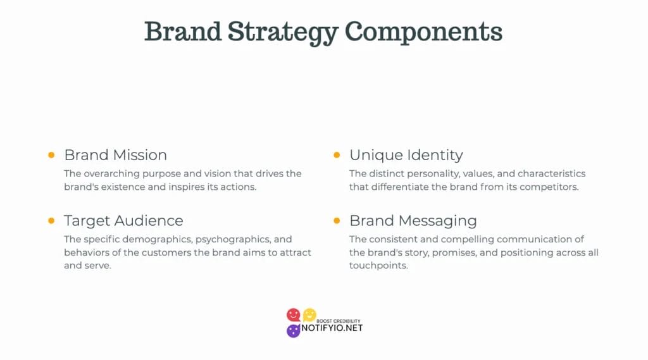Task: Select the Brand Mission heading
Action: [x=116, y=155]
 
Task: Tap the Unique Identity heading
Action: [x=406, y=156]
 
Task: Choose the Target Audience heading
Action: [x=123, y=221]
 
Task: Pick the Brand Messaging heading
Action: [x=413, y=221]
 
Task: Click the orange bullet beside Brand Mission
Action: [x=51, y=155]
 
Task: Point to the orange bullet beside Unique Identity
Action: [x=337, y=155]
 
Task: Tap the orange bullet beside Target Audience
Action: [x=51, y=221]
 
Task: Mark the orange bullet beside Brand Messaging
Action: [x=337, y=221]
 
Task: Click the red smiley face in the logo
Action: [x=294, y=315]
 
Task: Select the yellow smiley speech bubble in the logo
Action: [x=309, y=315]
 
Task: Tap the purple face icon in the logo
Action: [x=294, y=331]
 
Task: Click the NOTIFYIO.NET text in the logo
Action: [x=332, y=328]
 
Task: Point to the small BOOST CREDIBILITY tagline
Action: [x=339, y=321]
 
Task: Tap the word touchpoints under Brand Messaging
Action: [x=378, y=266]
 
